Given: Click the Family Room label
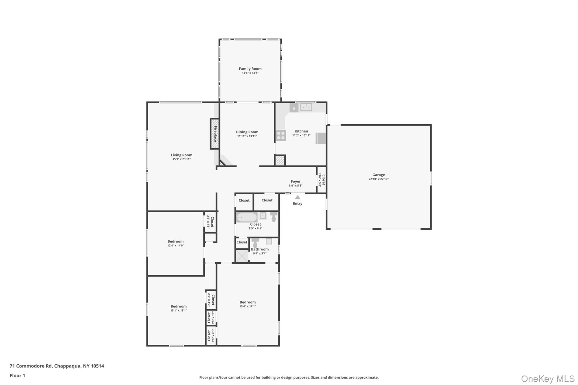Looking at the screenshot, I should pos(250,69).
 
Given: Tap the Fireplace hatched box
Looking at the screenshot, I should pos(215,134).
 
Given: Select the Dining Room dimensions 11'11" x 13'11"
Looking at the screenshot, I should pos(247,136).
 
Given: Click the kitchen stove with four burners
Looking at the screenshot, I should pos(281,135).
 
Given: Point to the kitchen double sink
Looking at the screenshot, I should pos(306,107).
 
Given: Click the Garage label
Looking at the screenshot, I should pos(378,175).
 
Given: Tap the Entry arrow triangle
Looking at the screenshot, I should pos(297,197).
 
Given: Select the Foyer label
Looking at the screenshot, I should pos(295,182).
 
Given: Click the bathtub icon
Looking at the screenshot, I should pos(246,217).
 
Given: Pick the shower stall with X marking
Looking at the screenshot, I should pos(242,256).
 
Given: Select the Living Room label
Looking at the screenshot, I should pos(181,155).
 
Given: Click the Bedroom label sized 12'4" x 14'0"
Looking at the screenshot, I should pos(176,241).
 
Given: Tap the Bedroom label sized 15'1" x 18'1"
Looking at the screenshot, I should pos(178,306).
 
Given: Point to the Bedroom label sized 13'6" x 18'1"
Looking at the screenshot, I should pos(248,302).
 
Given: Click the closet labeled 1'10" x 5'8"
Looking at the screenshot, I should pos(322,180).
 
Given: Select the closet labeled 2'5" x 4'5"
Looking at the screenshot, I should pos(211,222).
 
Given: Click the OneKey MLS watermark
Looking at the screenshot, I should pos(548,379).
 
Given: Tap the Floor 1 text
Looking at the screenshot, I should pos(17,375).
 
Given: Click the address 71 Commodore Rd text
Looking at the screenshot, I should pos(57,366).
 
